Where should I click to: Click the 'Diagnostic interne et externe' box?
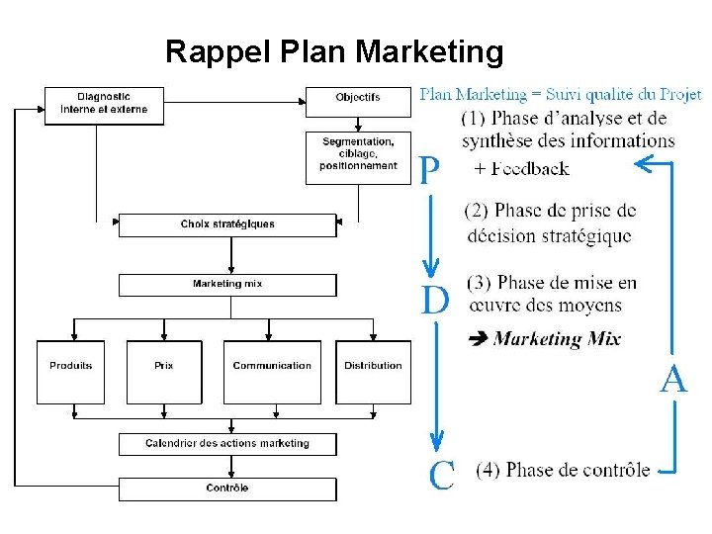(104, 104)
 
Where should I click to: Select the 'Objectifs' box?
(358, 97)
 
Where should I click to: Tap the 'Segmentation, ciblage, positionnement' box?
(358, 157)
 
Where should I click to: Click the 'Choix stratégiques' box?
(227, 224)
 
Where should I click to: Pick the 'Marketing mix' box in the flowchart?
(227, 285)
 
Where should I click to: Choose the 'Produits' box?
(70, 371)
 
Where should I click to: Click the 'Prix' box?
(163, 371)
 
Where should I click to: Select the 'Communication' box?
(272, 371)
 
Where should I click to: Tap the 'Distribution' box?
(373, 371)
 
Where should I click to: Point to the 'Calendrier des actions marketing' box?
(227, 444)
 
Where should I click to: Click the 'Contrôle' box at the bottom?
(227, 489)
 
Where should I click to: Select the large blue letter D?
(435, 300)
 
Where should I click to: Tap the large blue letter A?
(673, 380)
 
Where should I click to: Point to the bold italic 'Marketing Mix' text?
(557, 339)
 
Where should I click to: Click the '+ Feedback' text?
(521, 169)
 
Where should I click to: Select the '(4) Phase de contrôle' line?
(563, 470)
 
